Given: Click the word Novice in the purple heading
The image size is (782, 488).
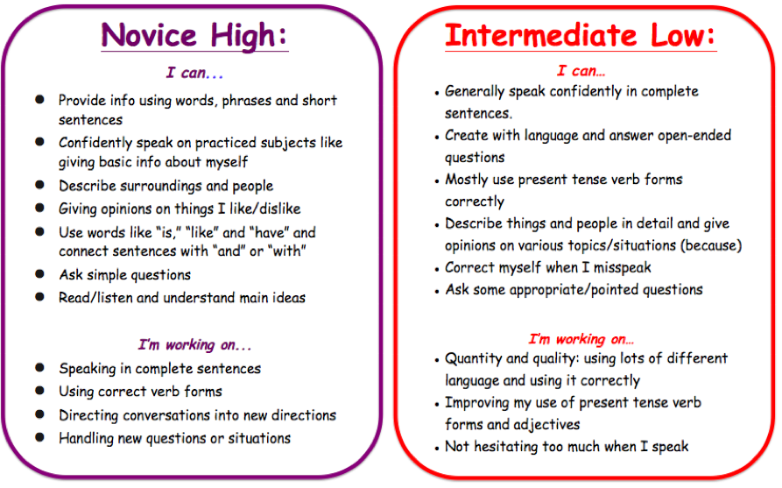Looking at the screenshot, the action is pyautogui.click(x=149, y=35).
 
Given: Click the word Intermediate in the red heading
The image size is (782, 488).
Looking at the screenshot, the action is pyautogui.click(x=541, y=35).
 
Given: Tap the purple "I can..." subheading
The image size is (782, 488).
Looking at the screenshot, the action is pyautogui.click(x=194, y=73).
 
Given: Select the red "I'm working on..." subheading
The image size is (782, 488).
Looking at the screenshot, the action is pyautogui.click(x=581, y=339).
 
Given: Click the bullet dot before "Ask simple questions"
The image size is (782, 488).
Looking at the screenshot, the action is pyautogui.click(x=40, y=274).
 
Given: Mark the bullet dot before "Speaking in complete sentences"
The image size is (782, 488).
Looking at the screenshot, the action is pyautogui.click(x=40, y=368).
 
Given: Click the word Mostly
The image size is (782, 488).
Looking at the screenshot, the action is pyautogui.click(x=466, y=180).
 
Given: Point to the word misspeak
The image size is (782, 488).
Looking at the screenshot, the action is pyautogui.click(x=622, y=268).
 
